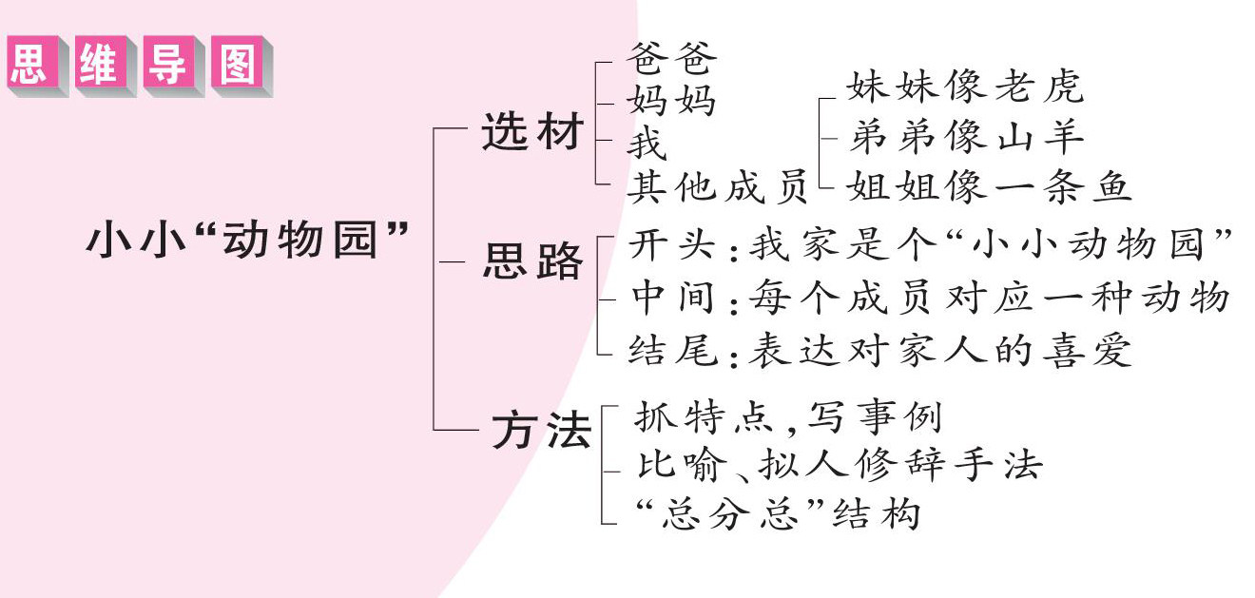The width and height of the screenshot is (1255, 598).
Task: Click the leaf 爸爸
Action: pos(671,59)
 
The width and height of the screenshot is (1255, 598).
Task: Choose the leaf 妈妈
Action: pos(671,101)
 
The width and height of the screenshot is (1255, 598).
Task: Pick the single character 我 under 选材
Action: pos(647,144)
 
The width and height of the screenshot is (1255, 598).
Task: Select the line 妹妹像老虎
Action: pos(965,87)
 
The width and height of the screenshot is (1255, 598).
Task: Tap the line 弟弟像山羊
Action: pos(966,138)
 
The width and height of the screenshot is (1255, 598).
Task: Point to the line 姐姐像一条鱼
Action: pos(989,186)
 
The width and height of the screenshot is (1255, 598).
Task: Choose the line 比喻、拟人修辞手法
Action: pos(837,464)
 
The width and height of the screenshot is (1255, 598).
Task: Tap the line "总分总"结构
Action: pos(775,513)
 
